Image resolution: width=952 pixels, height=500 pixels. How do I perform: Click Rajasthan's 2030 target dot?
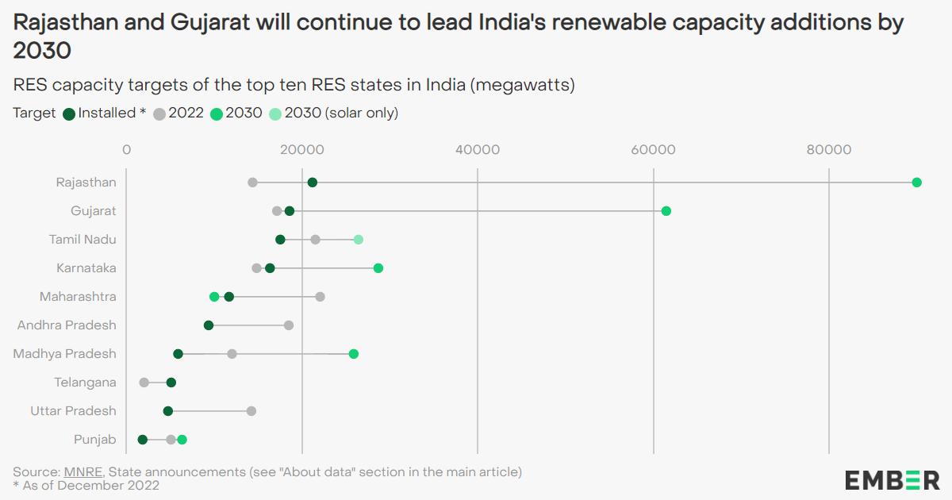(916, 183)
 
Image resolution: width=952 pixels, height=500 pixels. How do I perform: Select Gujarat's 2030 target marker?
(666, 211)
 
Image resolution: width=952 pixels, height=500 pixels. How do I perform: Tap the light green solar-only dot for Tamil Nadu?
(359, 240)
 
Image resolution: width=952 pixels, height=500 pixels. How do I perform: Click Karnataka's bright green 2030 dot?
(378, 268)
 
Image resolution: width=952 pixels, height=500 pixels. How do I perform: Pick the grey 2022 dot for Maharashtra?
(321, 297)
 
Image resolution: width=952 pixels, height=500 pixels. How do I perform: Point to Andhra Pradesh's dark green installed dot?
(209, 325)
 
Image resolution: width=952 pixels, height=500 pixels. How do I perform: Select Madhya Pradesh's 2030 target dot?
(354, 354)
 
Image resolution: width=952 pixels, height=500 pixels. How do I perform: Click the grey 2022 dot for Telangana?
(144, 383)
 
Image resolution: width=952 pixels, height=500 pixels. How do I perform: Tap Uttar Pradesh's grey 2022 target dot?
(251, 411)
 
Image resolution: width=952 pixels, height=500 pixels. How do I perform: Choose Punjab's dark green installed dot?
(143, 440)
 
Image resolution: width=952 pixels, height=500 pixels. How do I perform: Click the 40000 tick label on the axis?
(477, 150)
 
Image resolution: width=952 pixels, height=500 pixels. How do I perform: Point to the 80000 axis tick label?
(829, 150)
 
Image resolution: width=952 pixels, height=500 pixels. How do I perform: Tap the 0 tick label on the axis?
(126, 150)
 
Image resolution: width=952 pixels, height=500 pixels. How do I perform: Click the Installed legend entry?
(105, 113)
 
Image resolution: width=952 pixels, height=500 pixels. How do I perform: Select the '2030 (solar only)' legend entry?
(333, 113)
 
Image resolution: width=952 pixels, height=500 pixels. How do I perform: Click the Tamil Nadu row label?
(83, 240)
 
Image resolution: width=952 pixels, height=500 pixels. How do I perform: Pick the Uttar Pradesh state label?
(73, 411)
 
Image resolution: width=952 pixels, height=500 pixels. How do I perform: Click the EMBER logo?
(892, 479)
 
